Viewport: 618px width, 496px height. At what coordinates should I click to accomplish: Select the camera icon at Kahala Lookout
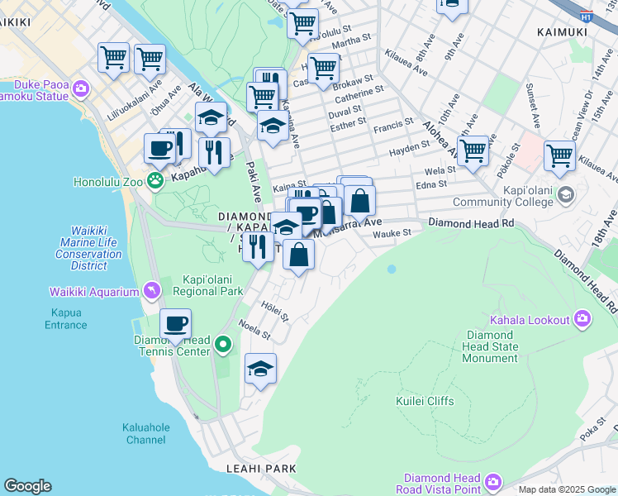tap(583, 319)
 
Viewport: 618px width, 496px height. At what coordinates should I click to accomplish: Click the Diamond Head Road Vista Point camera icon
tap(493, 481)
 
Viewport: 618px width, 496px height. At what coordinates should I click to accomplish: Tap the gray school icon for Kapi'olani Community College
tap(566, 195)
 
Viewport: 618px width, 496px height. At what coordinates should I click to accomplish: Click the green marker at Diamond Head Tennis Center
tap(222, 343)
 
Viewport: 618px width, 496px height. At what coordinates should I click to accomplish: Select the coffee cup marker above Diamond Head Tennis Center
tap(175, 324)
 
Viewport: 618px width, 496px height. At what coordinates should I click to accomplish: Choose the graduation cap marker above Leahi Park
tap(260, 369)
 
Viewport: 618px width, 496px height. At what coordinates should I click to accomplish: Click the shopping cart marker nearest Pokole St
tap(473, 150)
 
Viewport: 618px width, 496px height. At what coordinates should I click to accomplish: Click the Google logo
tap(27, 486)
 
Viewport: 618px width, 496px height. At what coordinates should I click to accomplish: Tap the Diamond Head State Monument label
tap(491, 346)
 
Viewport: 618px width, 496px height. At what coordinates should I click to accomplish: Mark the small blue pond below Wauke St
tap(391, 269)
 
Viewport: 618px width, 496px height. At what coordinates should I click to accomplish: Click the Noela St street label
tap(254, 329)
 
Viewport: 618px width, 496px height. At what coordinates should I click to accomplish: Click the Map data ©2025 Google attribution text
tap(566, 489)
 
